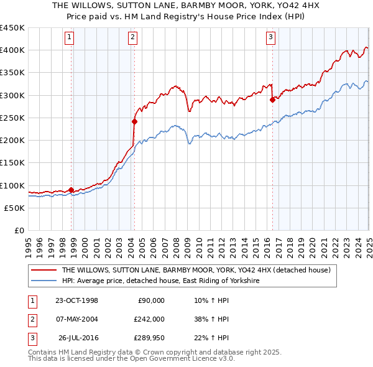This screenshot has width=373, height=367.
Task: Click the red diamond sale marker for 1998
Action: click(71, 190)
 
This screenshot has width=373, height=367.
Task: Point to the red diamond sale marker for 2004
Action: click(134, 122)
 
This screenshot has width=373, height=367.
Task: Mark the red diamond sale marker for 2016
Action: click(272, 100)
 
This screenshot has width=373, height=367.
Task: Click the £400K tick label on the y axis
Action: click(12, 50)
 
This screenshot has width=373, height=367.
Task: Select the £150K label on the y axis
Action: click(12, 163)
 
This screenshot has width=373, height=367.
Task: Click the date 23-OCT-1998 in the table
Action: click(77, 300)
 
